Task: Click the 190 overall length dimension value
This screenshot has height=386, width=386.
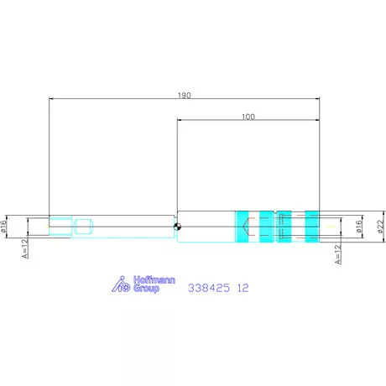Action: point(185,96)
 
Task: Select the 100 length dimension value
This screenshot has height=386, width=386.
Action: point(248,117)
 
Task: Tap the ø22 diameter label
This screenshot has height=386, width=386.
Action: point(380,227)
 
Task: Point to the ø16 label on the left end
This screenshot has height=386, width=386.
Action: point(3,227)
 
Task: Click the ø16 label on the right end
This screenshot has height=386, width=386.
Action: point(358,227)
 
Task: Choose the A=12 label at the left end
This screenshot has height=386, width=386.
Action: point(25,248)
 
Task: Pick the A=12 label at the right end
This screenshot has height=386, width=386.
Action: point(338,254)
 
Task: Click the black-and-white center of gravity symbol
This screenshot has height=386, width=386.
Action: point(177,227)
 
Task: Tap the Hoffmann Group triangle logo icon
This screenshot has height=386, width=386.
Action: point(121,284)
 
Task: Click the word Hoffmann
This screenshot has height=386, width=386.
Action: point(154,280)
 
